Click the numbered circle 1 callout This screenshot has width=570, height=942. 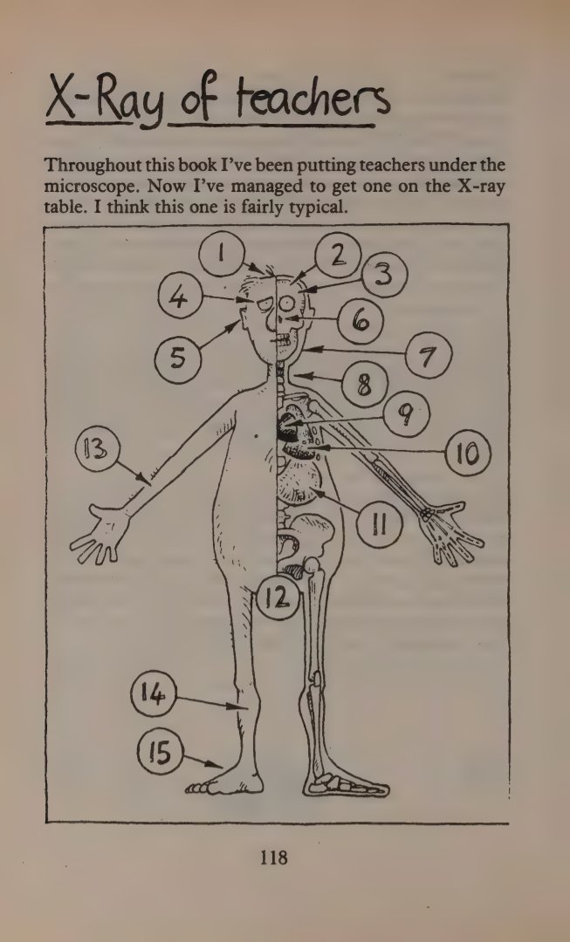point(222,254)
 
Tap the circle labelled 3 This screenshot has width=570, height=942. point(384,275)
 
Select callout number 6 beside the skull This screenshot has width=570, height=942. point(361,321)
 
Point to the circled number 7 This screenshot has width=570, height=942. point(428,356)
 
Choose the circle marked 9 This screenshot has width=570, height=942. point(407,414)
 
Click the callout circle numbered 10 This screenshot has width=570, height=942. point(468,453)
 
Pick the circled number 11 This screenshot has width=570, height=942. point(379,525)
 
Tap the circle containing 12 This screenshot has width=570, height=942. point(278,597)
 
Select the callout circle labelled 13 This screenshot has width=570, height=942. point(98,450)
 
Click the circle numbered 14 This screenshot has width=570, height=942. point(154,694)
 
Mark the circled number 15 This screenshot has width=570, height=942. point(160,752)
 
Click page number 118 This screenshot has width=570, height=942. point(273,857)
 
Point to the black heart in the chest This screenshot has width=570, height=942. point(286,425)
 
